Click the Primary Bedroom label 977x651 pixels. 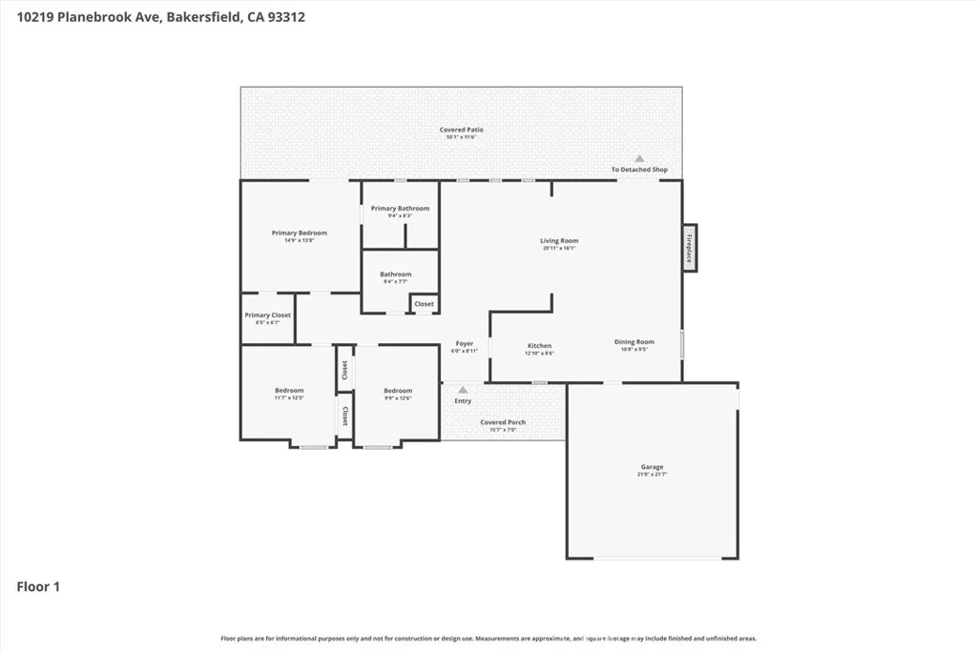click(299, 234)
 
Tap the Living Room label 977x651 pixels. click(559, 241)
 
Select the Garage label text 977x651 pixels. click(652, 467)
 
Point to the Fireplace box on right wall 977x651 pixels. click(690, 249)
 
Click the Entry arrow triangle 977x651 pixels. click(463, 390)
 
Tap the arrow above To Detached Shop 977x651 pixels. click(639, 159)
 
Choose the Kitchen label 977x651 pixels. click(539, 346)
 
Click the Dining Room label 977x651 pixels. click(634, 342)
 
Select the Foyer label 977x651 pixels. click(464, 344)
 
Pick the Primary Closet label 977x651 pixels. click(267, 315)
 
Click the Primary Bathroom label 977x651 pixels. click(400, 209)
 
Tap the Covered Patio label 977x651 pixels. click(461, 130)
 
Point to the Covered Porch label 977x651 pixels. click(503, 422)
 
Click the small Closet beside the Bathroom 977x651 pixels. click(424, 304)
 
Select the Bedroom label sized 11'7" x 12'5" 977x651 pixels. click(289, 391)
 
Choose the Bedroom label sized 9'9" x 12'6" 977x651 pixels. click(398, 391)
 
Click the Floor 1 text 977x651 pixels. click(38, 587)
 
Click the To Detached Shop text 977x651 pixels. click(639, 170)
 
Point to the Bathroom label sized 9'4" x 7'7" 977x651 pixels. click(396, 275)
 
